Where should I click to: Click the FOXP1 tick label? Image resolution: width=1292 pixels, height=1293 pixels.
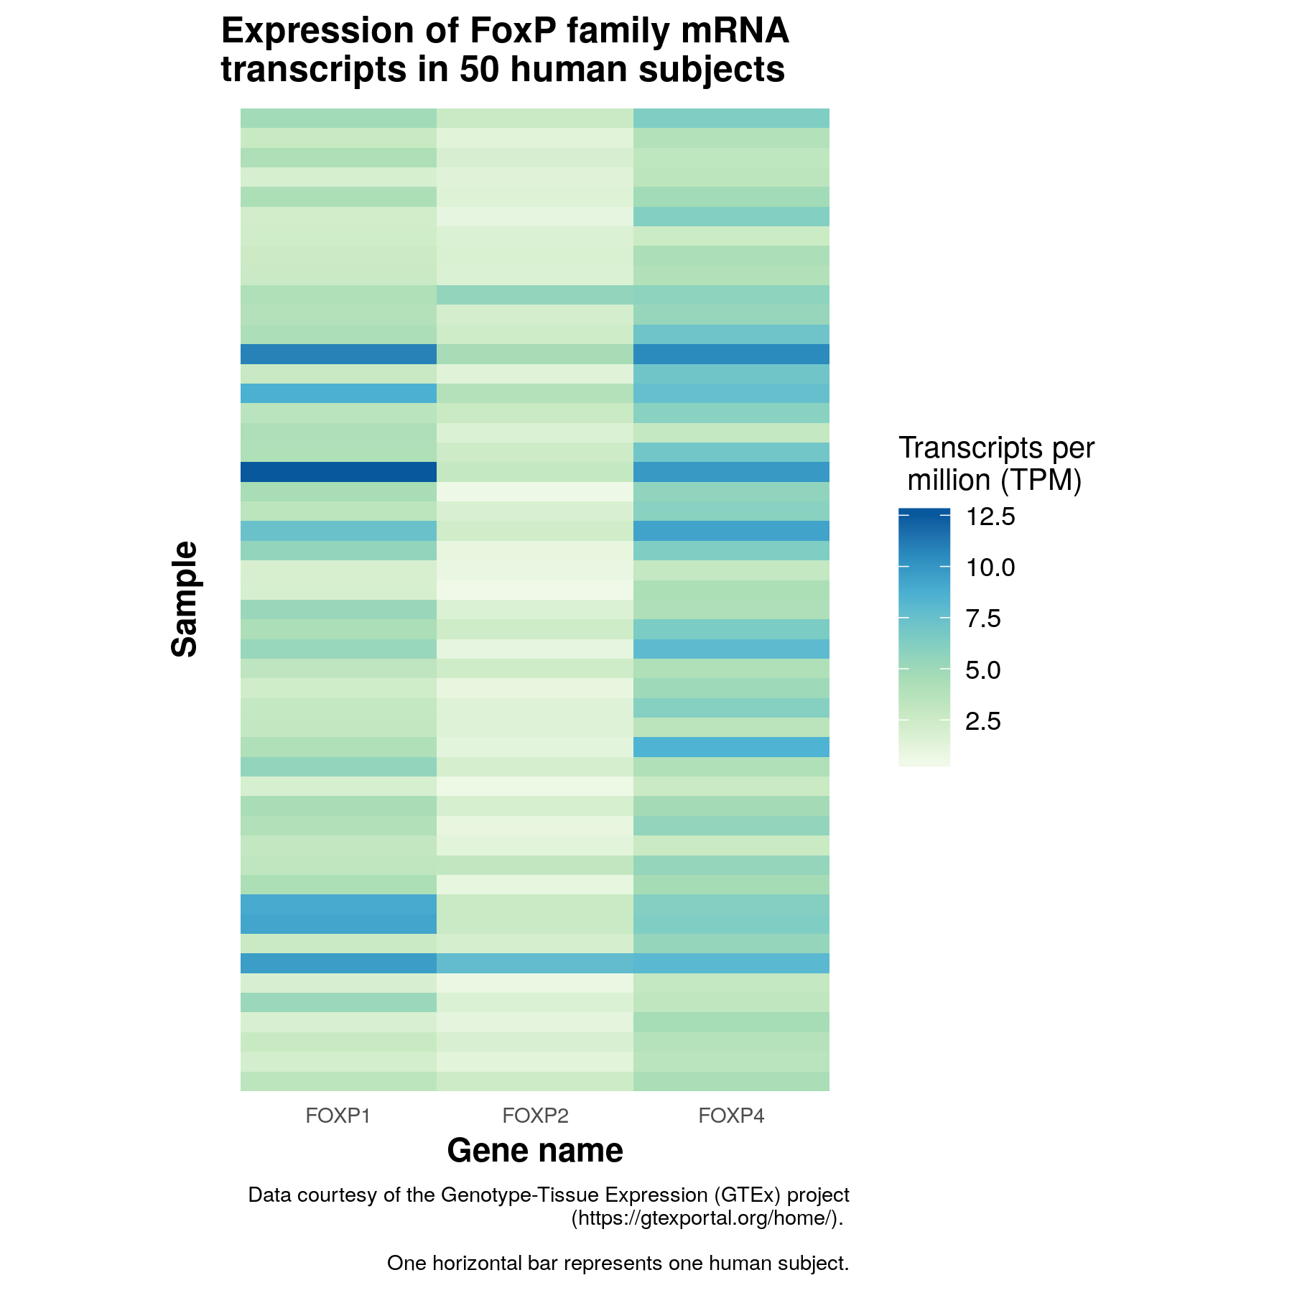coord(338,1116)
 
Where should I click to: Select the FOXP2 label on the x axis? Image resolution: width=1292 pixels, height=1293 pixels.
coord(535,1116)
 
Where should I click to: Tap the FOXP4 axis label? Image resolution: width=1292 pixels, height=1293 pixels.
coord(731,1116)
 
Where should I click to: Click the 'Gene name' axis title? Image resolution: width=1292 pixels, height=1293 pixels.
coord(535,1150)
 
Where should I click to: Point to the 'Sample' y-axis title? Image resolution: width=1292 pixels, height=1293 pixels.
coord(185,599)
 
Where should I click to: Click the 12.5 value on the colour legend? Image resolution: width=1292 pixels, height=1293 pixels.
coord(990,516)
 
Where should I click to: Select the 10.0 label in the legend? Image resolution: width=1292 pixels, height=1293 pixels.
coord(990,567)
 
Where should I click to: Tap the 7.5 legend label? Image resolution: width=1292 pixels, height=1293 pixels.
coord(982,618)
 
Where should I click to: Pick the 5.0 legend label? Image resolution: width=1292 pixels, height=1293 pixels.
coord(982,670)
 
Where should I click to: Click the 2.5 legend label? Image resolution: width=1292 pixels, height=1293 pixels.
coord(982,721)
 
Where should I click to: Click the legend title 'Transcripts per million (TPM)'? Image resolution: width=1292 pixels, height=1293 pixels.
coord(996,464)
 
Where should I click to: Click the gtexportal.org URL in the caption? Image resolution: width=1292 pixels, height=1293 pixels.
coord(706,1218)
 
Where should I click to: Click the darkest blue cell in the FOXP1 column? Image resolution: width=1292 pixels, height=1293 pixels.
coord(338,472)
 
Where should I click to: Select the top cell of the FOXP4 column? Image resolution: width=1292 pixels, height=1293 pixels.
coord(731,118)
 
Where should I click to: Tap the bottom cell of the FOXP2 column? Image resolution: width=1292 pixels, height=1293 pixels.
coord(535,1081)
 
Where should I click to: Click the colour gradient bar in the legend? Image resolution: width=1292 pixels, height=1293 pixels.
coord(924,637)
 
